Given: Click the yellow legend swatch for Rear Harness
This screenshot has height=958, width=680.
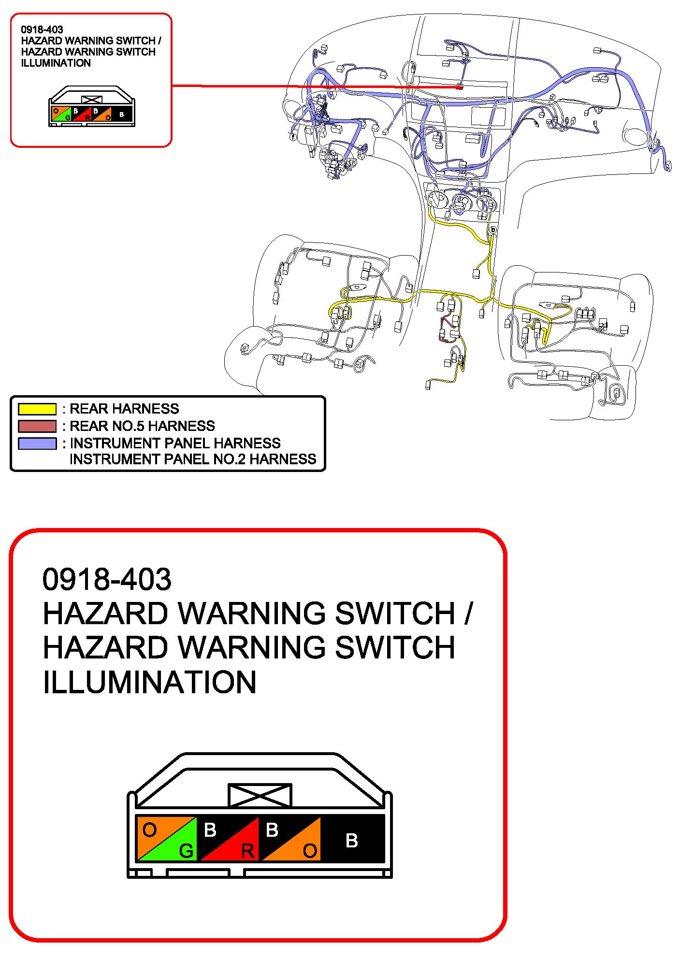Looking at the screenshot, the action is tap(37, 409).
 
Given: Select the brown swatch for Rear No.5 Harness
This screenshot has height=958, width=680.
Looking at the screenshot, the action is tap(37, 426).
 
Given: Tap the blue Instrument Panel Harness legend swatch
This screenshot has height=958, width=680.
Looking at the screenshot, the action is tap(37, 443).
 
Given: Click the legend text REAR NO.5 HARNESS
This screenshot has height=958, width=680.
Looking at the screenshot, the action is tap(142, 426).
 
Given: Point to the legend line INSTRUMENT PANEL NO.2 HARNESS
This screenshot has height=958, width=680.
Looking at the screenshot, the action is tap(193, 459).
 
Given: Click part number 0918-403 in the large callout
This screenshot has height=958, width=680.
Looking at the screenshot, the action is tap(107, 579).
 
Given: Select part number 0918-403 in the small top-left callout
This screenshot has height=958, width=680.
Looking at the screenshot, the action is tap(42, 29).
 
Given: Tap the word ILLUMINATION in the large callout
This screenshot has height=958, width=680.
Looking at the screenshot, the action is tap(149, 682).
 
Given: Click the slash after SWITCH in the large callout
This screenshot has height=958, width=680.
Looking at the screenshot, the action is tap(468, 614).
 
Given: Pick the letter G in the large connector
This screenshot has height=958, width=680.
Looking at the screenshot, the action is tap(186, 851).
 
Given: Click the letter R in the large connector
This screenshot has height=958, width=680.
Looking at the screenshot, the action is tap(247, 851).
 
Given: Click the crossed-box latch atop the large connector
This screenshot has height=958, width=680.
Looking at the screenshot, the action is tap(260, 795).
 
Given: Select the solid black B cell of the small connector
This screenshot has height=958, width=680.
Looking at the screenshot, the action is tap(122, 114).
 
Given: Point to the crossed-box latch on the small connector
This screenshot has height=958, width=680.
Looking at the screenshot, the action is tap(92, 100).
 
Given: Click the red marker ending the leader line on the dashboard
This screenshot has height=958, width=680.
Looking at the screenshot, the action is tap(461, 87).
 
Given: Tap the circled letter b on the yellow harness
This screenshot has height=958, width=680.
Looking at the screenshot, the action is tap(493, 230).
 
